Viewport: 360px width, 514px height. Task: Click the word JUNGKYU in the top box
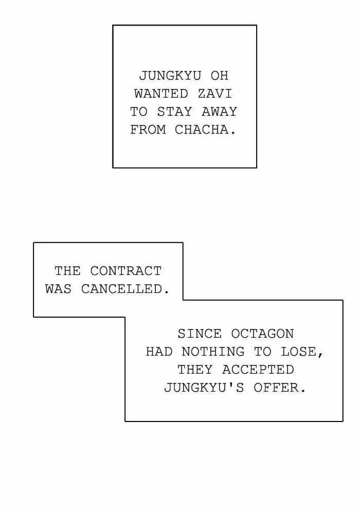point(170,76)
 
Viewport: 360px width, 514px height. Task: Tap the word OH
point(220,76)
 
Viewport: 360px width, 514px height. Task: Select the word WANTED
point(161,94)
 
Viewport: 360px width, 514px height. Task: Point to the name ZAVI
point(215,94)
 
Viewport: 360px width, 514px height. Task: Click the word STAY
point(174,112)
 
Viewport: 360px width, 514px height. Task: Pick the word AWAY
point(220,112)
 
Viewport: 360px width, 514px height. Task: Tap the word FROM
point(148,130)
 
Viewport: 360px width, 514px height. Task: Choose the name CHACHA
point(202,130)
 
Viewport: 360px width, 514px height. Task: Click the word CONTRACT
point(125,271)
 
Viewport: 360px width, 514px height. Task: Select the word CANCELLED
point(121,289)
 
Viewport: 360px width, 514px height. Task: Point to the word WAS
point(58,289)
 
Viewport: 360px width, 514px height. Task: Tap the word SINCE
point(200,334)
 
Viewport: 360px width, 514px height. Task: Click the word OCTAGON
point(262,334)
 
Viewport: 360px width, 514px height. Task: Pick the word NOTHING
point(213,352)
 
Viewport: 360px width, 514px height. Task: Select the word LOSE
point(298,352)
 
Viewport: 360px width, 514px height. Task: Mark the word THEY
point(195,370)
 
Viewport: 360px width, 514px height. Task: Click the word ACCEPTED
point(258,370)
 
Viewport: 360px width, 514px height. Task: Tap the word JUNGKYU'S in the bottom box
point(204,388)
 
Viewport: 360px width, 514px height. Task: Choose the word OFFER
point(276,388)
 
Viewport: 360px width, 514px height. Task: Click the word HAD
point(159,352)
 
